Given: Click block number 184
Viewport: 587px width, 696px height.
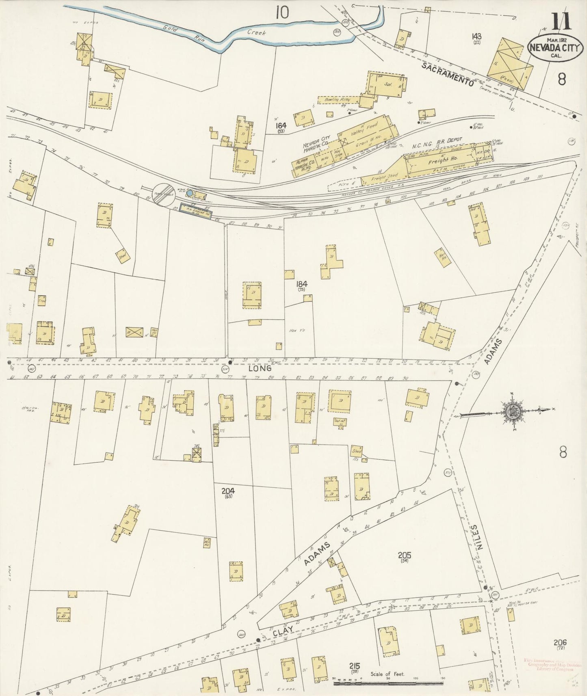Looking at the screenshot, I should pos(301,284).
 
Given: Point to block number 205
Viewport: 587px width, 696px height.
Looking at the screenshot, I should pos(405,555).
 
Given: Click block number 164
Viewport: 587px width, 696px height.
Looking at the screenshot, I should pos(281,126).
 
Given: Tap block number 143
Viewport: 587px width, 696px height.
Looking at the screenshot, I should pos(477,37).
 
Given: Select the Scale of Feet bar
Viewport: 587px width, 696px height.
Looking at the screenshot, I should pos(388,684).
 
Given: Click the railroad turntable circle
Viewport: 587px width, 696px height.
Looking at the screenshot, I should pos(163,195).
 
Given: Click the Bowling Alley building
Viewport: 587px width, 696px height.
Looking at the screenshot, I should pos(338,99).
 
